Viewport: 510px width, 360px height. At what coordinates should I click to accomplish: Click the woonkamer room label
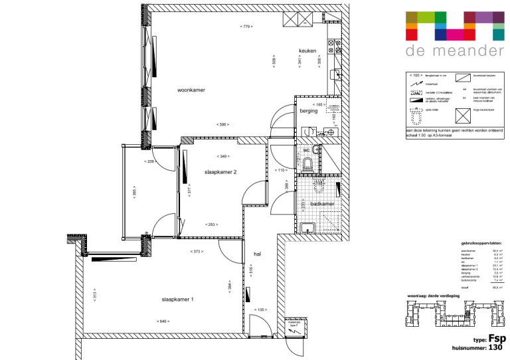(191, 90)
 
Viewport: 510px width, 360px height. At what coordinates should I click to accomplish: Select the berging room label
(308, 111)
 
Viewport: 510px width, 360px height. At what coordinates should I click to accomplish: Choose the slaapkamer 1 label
(177, 300)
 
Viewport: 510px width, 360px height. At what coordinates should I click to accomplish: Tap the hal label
(257, 254)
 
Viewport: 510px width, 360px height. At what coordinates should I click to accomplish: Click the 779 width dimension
(246, 26)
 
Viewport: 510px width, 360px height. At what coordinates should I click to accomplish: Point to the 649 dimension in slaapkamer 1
(163, 321)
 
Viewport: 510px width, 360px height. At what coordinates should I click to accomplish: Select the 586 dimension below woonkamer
(222, 124)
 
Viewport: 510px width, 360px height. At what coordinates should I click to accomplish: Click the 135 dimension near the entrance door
(261, 310)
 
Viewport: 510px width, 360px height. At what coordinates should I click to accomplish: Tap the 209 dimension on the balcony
(149, 161)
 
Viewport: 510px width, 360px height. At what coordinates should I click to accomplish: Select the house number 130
(496, 347)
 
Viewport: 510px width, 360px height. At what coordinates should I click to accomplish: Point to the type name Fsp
(497, 337)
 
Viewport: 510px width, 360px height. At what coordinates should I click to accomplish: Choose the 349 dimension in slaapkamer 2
(223, 156)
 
